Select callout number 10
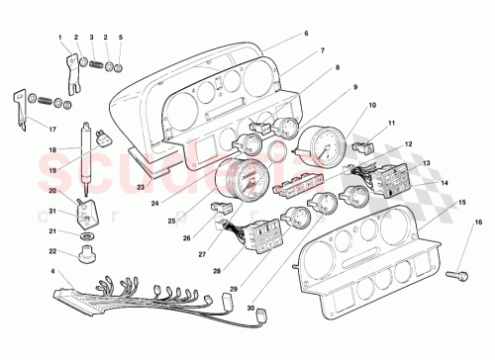tap(373, 106)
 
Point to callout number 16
tap(479, 224)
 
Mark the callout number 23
tap(141, 186)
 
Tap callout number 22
tap(55, 251)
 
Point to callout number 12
tap(408, 143)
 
